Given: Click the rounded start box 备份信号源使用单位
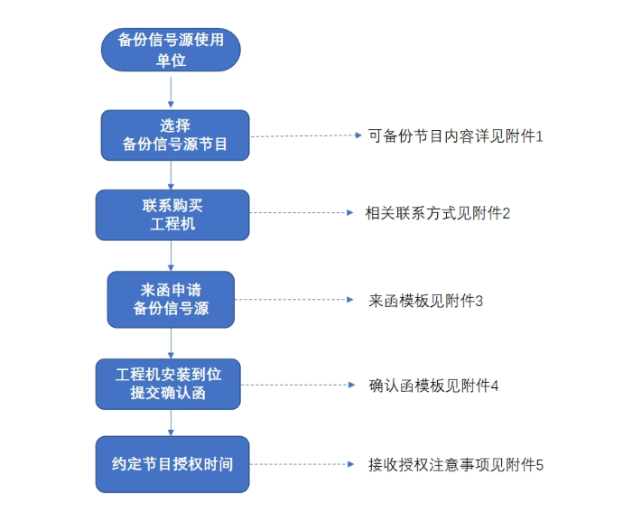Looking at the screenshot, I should coord(172,50).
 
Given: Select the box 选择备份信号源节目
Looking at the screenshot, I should coord(174,135).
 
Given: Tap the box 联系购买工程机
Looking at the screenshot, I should coord(172,215).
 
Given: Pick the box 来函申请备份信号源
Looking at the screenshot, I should coord(171,300).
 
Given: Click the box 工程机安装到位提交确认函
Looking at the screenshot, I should coord(172,383).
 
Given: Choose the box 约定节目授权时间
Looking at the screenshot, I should coord(172,464).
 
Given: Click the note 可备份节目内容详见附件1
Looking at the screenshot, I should coord(454,135).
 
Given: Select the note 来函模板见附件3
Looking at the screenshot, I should coord(425,300).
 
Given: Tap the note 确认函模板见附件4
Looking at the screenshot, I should coord(433,385).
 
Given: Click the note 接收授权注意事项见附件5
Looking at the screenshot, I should coord(455,465).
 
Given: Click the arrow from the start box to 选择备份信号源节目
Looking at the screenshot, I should coord(171,91).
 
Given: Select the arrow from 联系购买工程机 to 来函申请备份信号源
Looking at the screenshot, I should coord(171,256).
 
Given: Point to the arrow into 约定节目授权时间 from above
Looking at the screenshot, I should coord(171,423).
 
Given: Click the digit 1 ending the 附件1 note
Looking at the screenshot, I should coord(538,135).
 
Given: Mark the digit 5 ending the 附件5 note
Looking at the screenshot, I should coord(539,465).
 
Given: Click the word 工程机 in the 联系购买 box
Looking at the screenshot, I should coord(172,224).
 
